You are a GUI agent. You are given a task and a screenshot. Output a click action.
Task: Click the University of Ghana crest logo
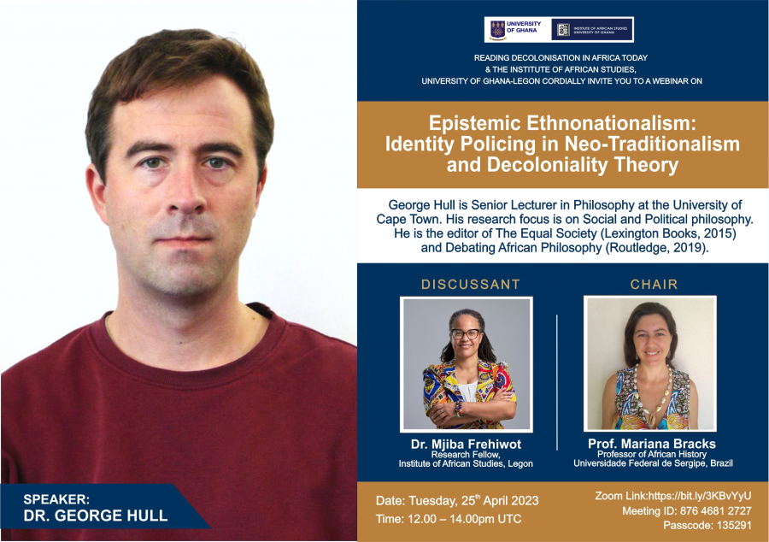coord(497,30)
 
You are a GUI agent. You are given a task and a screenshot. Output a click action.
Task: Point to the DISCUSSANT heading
coord(471,285)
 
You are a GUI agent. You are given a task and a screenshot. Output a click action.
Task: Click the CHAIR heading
coord(654,285)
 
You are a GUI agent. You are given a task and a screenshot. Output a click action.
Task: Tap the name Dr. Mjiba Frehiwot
coord(466,445)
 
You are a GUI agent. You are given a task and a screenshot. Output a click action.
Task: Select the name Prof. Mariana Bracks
coord(652,444)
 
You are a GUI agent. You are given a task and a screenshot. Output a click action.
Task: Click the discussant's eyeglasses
coord(465,334)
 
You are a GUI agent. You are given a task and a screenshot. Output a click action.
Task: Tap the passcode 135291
coord(734,525)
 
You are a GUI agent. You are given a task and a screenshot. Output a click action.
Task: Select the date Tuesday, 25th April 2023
coord(473,501)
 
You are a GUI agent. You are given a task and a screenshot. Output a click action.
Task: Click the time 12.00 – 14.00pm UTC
coord(465,519)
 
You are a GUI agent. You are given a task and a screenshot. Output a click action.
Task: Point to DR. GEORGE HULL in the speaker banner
coord(96,515)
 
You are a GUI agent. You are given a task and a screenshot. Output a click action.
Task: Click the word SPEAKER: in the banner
coord(56,499)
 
